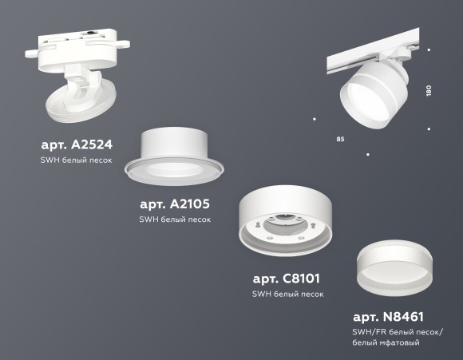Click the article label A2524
pos(76,145)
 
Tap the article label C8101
pos(287,279)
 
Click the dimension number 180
pos(429,91)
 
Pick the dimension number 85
pos(341,140)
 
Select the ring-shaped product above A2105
pos(181,156)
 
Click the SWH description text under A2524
pos(76,160)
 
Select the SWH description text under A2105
pos(175,220)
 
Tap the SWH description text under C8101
pos(287,294)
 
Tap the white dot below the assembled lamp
pos(367,153)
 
